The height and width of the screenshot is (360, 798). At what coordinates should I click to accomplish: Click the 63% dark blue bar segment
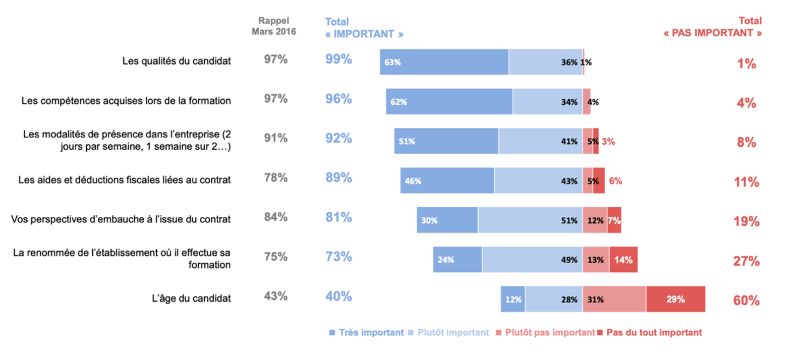pos(444,62)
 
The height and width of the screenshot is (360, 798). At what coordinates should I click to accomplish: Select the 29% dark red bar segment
pos(675,299)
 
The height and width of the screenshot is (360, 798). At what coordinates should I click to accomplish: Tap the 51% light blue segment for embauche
pos(530,220)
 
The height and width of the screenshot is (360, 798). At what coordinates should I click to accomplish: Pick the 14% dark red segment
pos(623,260)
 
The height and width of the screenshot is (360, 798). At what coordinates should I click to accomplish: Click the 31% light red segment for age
pos(614,299)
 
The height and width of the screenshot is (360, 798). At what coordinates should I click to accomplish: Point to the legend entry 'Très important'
pos(367,333)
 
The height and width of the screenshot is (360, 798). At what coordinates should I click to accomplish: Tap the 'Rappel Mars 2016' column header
pos(274,26)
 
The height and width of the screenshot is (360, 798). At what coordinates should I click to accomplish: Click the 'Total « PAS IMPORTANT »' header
pos(713,27)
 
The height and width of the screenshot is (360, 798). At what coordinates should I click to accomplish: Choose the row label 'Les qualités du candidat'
pos(177,61)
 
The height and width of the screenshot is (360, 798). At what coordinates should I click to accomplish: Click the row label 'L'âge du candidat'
pos(191,298)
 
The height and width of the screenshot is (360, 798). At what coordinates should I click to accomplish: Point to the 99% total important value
pos(338,59)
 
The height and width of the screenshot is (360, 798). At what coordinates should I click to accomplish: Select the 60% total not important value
pos(746,301)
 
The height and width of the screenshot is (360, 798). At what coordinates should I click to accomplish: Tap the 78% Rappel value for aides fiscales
pos(276,178)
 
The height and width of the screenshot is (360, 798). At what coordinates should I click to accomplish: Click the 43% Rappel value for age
pos(276,296)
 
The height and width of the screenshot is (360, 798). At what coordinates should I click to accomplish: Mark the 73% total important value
pos(338,257)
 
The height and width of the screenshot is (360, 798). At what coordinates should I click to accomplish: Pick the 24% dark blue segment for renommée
pos(457,260)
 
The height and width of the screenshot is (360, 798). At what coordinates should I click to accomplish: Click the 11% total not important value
pos(746,182)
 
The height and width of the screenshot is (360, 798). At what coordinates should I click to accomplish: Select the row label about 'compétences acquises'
pos(126,101)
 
